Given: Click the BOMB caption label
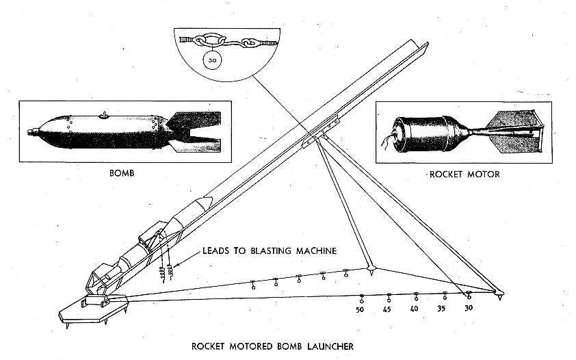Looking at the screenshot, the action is click(122, 173).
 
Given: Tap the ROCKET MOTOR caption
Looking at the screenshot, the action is click(464, 175).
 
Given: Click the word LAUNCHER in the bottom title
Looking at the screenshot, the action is click(330, 346).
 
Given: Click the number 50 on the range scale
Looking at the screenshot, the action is click(360, 309).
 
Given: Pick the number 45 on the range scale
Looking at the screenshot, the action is click(387, 309).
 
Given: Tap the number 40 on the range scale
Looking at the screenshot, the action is click(414, 309).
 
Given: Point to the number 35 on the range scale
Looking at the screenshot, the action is click(441, 309).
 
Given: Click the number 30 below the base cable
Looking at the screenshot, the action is click(469, 308).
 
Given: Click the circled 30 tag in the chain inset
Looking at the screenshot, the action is click(212, 60).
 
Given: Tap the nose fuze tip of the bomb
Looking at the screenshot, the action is click(29, 131).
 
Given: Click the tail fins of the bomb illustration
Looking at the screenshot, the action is click(194, 131).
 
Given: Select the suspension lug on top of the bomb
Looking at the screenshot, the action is click(105, 115).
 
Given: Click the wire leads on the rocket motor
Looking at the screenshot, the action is click(387, 142).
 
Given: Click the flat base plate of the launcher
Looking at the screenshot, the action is click(94, 309).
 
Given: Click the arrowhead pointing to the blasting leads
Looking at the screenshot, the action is click(176, 265).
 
